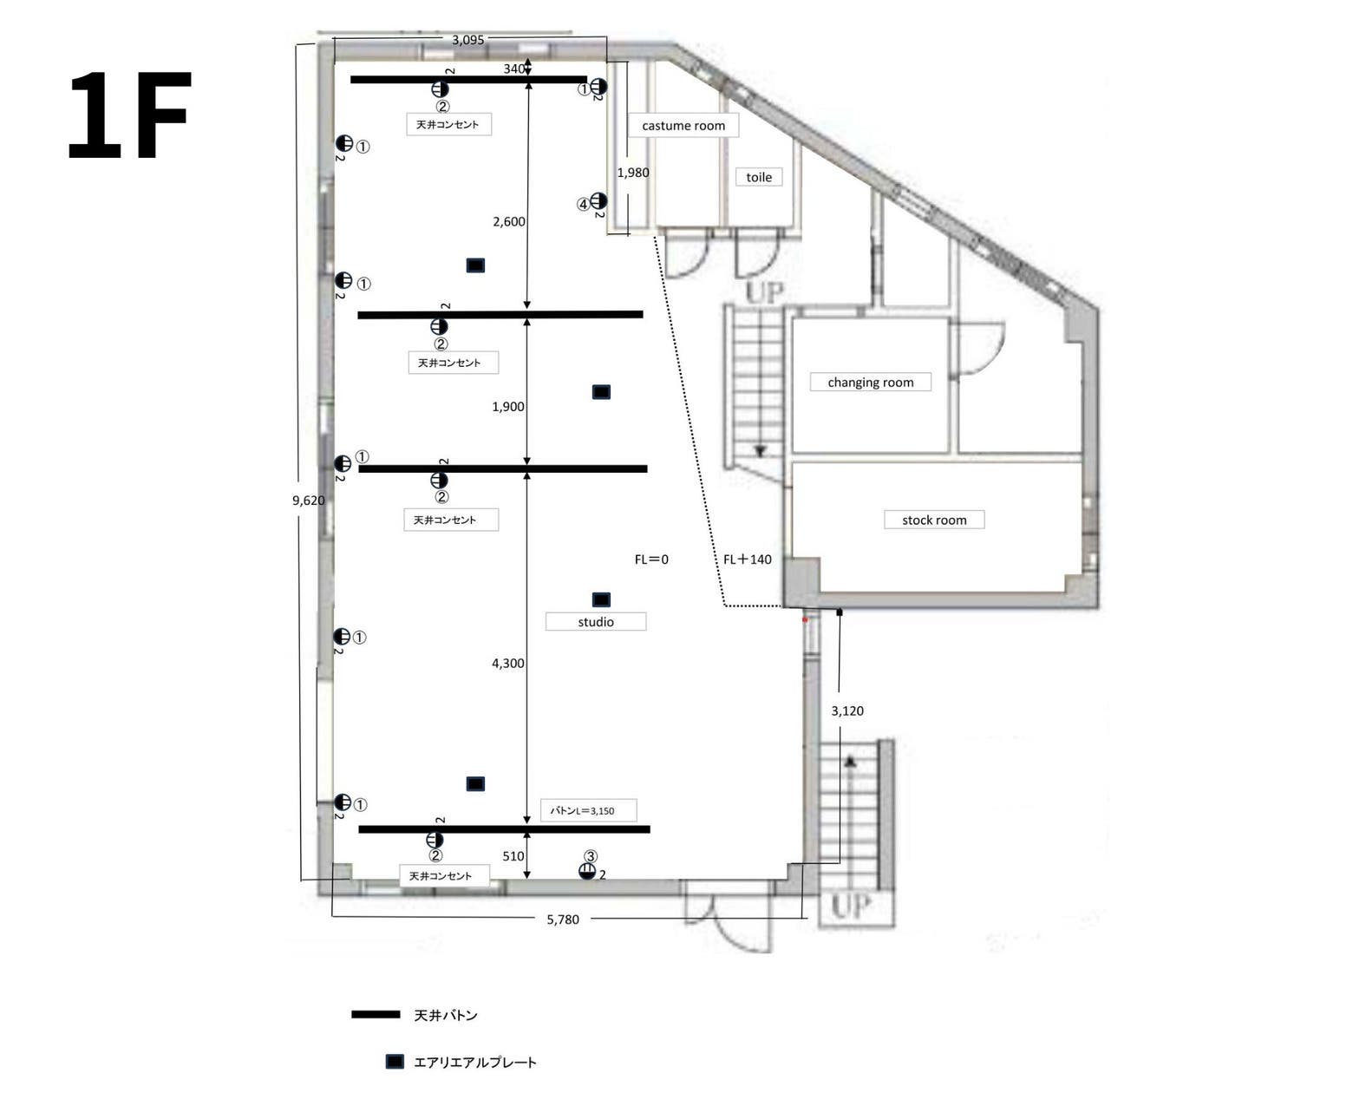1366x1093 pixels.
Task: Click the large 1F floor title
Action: click(129, 115)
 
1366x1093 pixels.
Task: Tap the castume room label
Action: click(683, 126)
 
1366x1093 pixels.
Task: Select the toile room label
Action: click(759, 177)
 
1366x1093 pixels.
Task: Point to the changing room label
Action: click(870, 383)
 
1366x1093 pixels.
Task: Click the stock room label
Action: click(934, 520)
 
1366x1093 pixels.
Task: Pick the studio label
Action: click(596, 622)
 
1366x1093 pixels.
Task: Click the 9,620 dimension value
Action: click(308, 501)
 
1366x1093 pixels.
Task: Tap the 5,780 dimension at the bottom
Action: click(563, 920)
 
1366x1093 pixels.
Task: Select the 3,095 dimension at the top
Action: click(467, 40)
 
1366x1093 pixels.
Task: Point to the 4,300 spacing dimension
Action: click(508, 664)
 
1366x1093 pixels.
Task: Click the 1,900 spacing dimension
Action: click(508, 407)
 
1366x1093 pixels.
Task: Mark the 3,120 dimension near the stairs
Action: click(847, 711)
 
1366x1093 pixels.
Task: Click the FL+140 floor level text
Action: click(747, 560)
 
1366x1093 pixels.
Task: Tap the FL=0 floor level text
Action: click(651, 560)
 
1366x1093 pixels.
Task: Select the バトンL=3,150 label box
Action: click(588, 810)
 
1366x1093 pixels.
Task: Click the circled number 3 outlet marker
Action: click(591, 856)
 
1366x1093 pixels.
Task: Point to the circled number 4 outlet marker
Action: click(583, 205)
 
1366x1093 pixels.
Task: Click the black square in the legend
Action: click(395, 1062)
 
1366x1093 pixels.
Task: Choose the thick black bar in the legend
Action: click(376, 1015)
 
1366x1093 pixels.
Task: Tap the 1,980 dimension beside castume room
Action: click(633, 173)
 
